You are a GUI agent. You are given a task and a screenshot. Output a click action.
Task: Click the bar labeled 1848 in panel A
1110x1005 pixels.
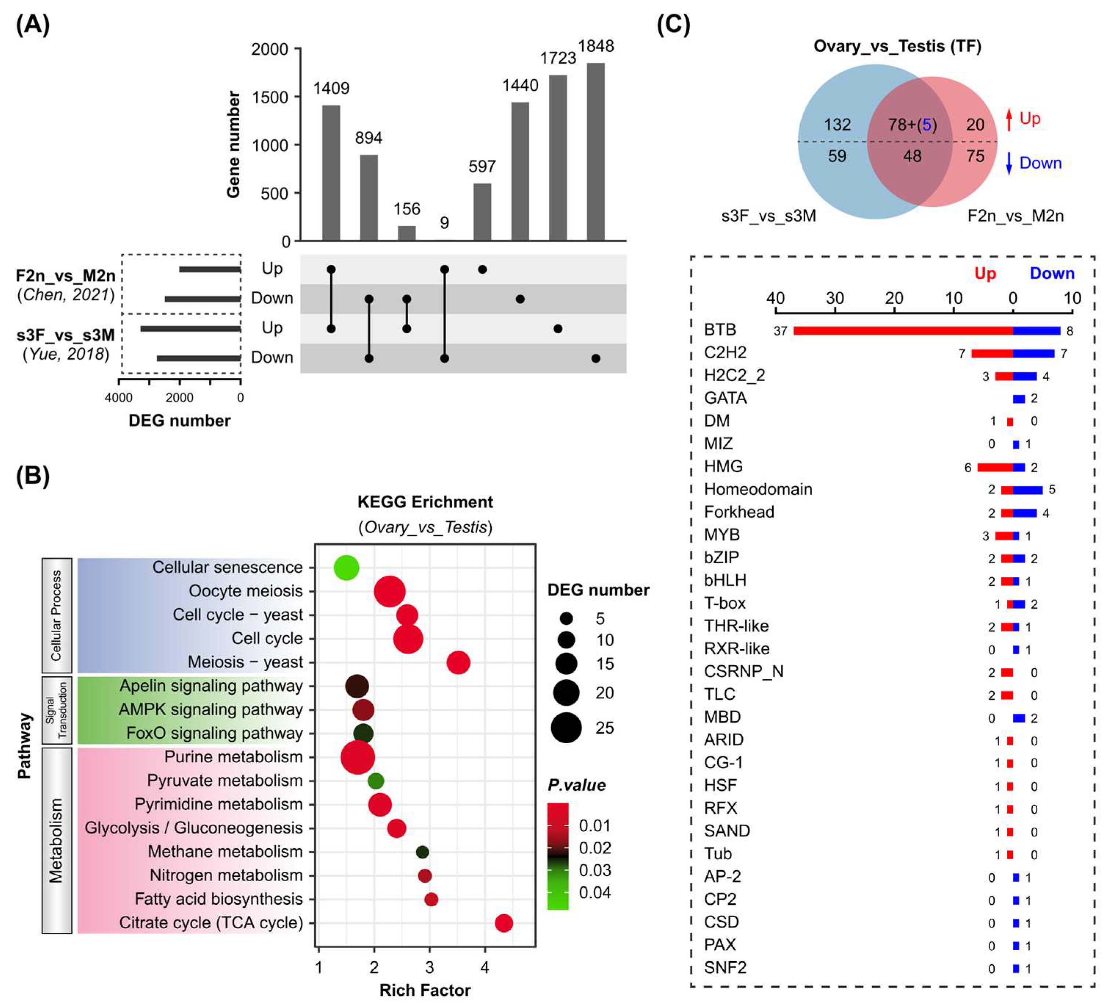coord(595,151)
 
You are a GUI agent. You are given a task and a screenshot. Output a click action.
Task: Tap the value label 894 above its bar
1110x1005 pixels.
coord(369,138)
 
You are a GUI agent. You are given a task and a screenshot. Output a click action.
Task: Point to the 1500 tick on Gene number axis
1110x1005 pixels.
coord(270,97)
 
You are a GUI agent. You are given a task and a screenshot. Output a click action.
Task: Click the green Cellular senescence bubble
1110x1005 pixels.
coord(347,567)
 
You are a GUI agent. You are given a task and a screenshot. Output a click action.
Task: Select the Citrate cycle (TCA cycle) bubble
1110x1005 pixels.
coord(504,923)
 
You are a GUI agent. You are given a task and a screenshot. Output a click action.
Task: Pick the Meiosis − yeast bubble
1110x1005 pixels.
coord(458,662)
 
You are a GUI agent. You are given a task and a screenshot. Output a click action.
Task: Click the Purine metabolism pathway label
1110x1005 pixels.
coord(233,757)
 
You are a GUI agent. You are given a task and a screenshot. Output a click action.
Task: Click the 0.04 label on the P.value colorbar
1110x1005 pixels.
coord(595,893)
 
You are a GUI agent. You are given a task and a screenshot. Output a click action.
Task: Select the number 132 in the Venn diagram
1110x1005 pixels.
coord(837,124)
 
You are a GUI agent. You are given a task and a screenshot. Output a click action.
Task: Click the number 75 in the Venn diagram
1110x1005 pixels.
coord(975,156)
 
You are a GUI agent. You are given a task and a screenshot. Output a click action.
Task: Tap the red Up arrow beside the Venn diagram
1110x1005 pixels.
coord(1009,119)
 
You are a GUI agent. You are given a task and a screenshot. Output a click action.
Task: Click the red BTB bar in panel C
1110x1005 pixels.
coord(903,331)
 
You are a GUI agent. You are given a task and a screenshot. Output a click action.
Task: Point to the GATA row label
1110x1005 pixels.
coord(725,398)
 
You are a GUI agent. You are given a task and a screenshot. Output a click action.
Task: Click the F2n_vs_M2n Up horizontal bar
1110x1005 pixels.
coord(210,269)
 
